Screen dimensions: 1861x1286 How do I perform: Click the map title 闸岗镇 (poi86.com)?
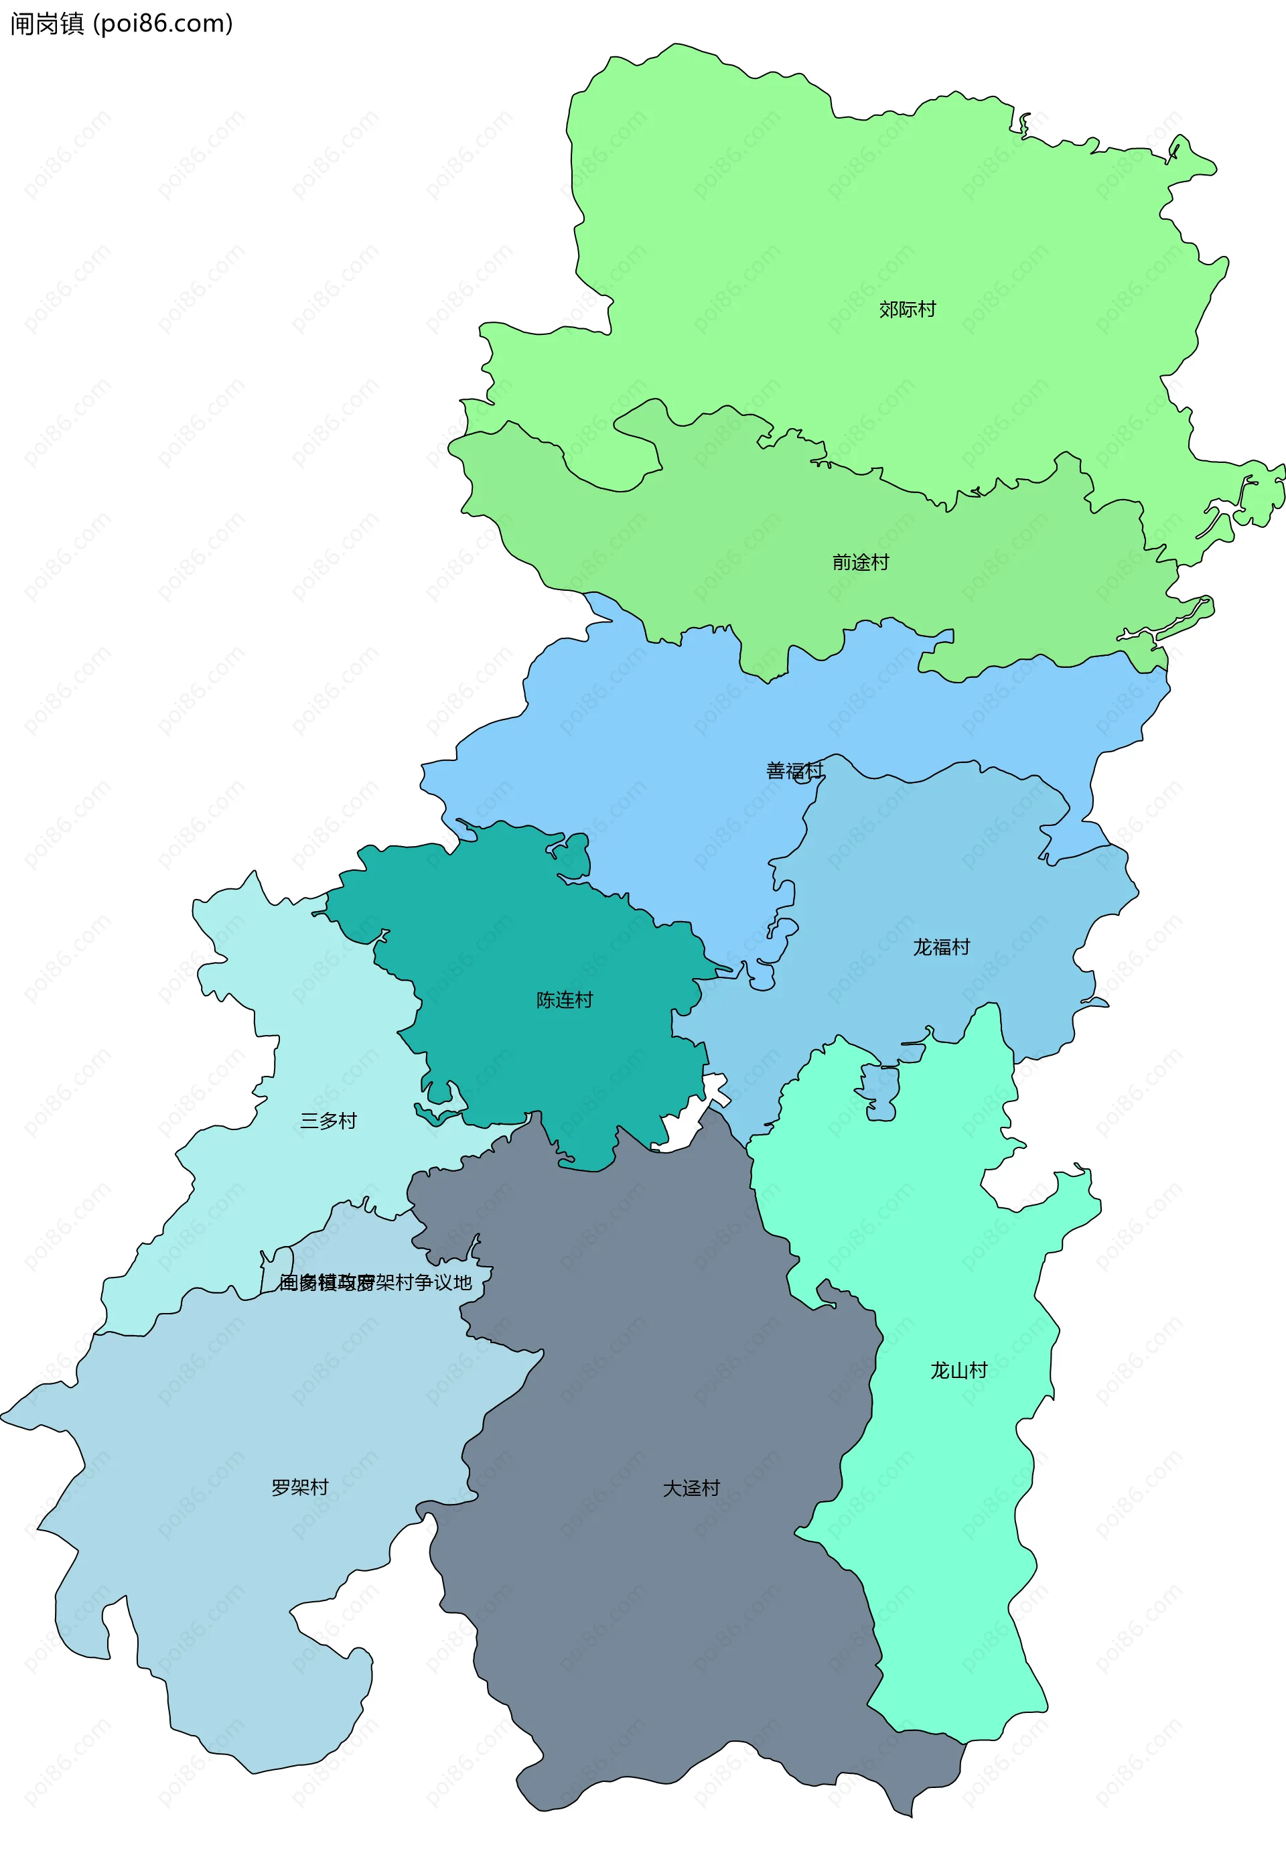click(121, 23)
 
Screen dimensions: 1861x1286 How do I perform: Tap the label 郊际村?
click(908, 309)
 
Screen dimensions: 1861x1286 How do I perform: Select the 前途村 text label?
click(861, 563)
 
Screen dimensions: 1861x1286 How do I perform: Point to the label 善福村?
click(794, 770)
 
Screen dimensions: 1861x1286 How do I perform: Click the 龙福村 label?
click(941, 947)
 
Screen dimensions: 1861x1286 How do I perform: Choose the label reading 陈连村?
click(564, 1000)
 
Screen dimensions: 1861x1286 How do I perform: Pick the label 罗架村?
click(300, 1488)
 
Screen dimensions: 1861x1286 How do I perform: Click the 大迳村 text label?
click(691, 1489)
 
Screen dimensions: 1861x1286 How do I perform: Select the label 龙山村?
click(959, 1370)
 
